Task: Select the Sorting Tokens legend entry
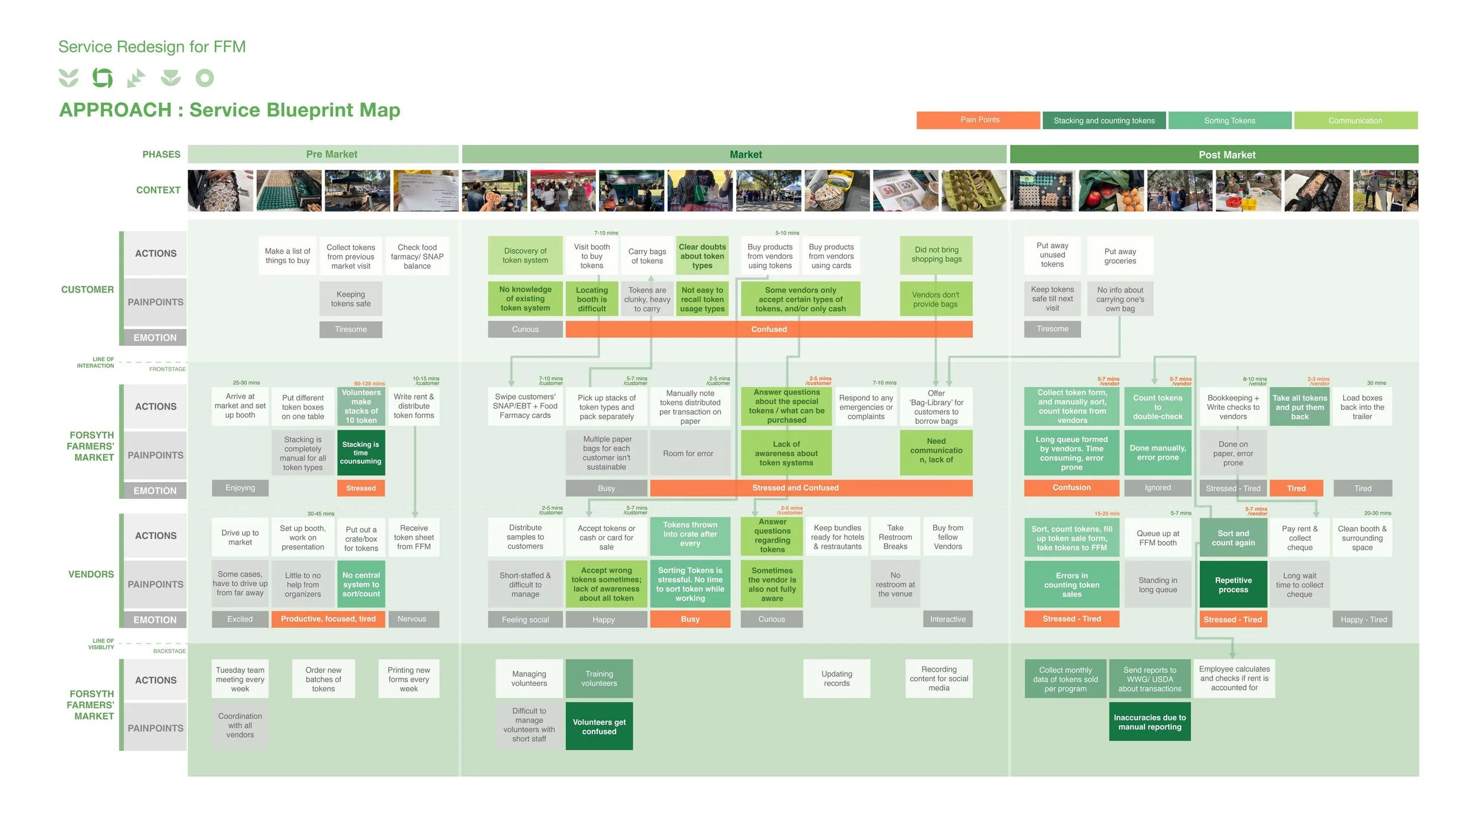coord(1229,121)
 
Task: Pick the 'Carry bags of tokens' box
coord(647,256)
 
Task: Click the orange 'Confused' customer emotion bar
coord(769,329)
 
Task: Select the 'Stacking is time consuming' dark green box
coord(361,453)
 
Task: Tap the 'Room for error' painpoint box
coord(689,454)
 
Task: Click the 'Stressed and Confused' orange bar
coord(795,488)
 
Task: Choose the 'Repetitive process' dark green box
coord(1233,585)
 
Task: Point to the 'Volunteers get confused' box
coord(599,727)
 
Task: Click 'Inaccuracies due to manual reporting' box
coord(1150,722)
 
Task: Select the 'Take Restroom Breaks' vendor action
coord(895,537)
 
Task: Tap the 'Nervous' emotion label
coord(412,619)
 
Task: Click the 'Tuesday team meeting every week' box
coord(240,679)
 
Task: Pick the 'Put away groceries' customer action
coord(1120,256)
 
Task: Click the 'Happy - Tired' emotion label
coord(1363,619)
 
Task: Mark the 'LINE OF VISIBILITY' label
coord(101,644)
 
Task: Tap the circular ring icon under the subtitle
coord(205,78)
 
